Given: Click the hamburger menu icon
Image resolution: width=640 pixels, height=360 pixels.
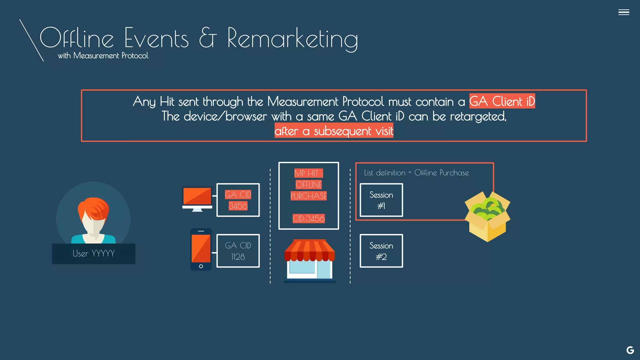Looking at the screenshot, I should click(x=623, y=12).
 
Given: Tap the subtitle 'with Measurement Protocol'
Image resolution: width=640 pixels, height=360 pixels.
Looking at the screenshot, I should click(x=103, y=56).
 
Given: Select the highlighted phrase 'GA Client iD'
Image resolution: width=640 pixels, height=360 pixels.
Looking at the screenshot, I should click(x=502, y=101).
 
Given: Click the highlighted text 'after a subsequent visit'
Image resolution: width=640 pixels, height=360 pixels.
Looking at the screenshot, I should click(x=334, y=131).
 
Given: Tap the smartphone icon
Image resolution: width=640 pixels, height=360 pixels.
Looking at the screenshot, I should click(x=201, y=249).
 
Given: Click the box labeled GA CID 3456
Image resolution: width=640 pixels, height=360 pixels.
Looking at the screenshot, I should click(x=238, y=200).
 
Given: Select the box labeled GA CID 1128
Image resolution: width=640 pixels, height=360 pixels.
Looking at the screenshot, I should click(x=238, y=251).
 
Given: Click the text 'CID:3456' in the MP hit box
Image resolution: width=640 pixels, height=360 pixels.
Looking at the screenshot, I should click(x=308, y=218).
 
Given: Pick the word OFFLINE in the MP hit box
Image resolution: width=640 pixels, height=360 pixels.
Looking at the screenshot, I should click(x=308, y=185).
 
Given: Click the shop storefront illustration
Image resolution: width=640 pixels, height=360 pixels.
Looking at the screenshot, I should click(x=309, y=261).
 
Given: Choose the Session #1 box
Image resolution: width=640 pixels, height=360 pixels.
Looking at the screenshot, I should click(x=381, y=200).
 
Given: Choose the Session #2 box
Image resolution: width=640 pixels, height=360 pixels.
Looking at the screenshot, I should click(x=381, y=251).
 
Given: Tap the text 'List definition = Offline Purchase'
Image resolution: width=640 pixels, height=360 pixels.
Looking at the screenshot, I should click(x=416, y=173).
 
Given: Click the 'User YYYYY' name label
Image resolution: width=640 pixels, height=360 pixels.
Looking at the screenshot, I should click(x=93, y=253).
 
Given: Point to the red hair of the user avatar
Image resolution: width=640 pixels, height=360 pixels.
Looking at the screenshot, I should click(x=94, y=208).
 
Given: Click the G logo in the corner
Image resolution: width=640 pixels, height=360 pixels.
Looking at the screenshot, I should click(x=630, y=350).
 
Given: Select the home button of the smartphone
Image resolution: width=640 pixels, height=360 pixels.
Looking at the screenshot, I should click(x=201, y=266).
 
